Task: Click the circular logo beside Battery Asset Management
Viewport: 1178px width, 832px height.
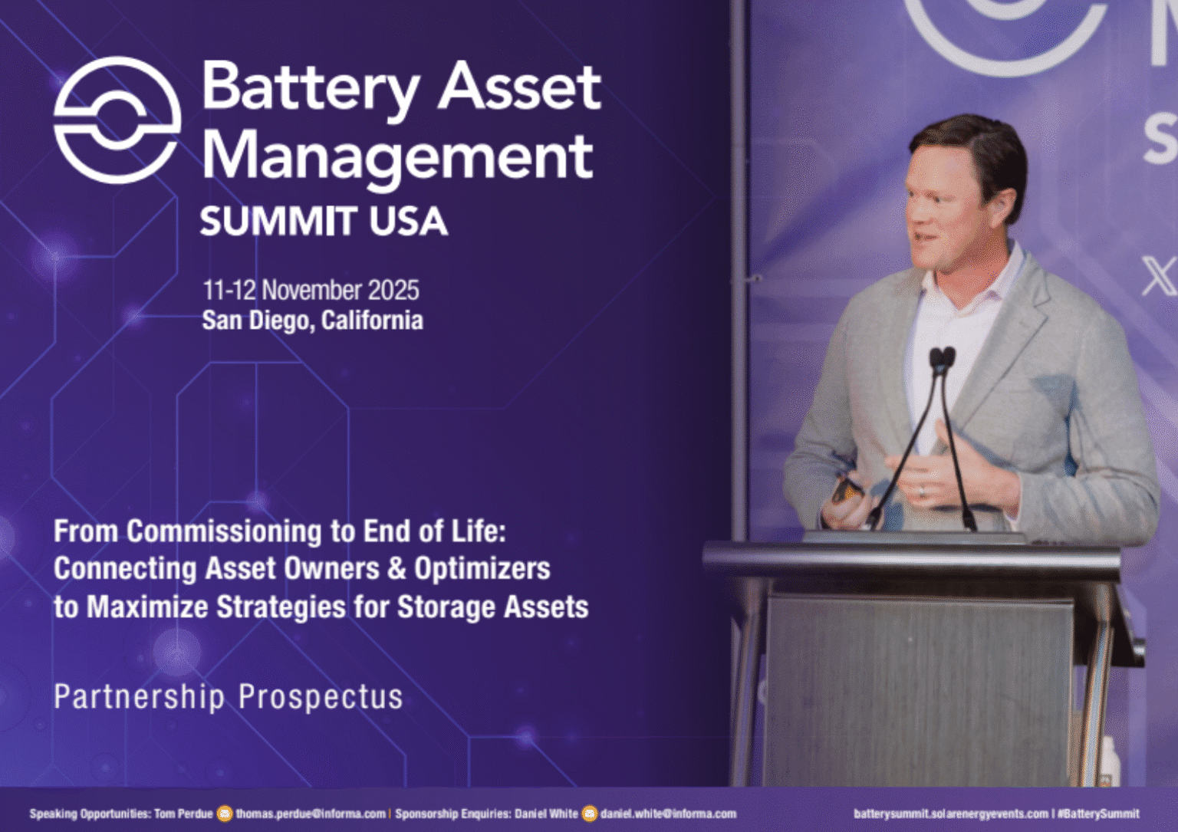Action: coord(117,120)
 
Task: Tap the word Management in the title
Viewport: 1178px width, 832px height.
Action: coord(397,156)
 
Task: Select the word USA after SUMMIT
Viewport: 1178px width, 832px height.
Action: coord(408,222)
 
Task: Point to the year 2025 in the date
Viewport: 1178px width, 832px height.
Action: coord(393,291)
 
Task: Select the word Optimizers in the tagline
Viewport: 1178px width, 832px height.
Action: coord(482,569)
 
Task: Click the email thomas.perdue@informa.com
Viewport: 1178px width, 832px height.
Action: coord(311,814)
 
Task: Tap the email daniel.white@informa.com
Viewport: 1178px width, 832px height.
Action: coord(668,814)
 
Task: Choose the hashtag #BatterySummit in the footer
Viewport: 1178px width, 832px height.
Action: coord(1098,814)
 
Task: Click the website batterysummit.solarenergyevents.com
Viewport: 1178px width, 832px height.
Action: coord(950,814)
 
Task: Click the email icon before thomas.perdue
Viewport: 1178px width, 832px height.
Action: coord(225,814)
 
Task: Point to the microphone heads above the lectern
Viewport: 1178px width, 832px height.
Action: coord(942,357)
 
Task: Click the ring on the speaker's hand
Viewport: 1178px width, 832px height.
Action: coord(921,492)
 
